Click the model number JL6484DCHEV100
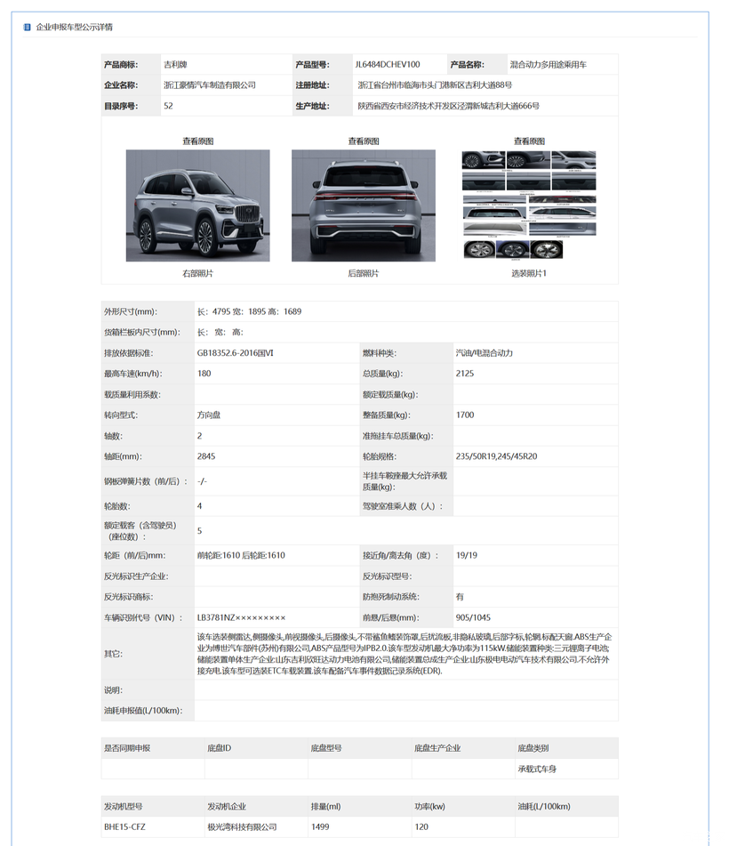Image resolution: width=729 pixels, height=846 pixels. click(x=388, y=65)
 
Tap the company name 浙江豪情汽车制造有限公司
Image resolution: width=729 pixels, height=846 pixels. click(x=210, y=85)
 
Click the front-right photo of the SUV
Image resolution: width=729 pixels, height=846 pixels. click(x=197, y=205)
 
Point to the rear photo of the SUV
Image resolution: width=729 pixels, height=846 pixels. click(x=363, y=205)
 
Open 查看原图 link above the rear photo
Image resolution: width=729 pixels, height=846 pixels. click(x=363, y=141)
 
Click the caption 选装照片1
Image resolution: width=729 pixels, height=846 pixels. click(x=529, y=273)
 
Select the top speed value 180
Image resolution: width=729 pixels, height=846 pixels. click(x=204, y=374)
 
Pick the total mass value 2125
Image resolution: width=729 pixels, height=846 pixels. click(x=465, y=374)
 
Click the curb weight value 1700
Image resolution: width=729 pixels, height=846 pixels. click(x=465, y=415)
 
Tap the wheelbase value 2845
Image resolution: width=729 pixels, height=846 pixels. click(x=206, y=456)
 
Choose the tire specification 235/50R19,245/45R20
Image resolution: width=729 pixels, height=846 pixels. click(x=496, y=456)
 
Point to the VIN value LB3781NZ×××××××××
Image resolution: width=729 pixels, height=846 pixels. click(x=241, y=617)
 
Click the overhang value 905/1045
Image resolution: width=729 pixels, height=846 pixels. click(x=473, y=617)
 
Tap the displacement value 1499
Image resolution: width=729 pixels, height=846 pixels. click(x=320, y=827)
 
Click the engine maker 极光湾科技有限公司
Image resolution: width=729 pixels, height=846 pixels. click(x=242, y=827)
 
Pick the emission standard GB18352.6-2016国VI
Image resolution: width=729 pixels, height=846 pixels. click(x=236, y=353)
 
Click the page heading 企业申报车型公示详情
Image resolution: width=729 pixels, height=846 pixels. click(x=74, y=28)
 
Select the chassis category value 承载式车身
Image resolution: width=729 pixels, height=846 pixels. click(x=537, y=769)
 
